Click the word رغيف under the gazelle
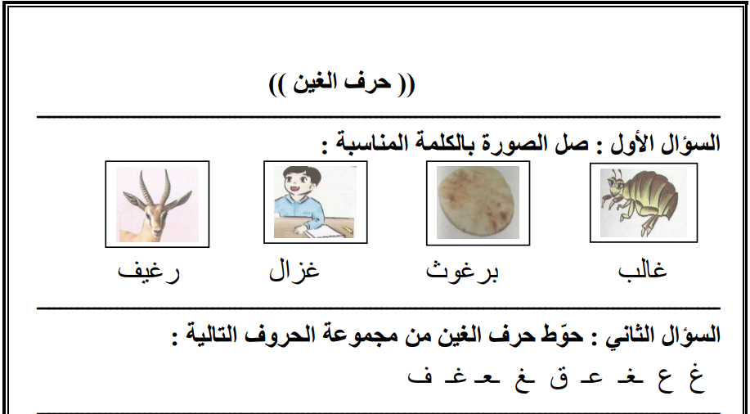[149, 272]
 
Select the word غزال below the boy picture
[294, 270]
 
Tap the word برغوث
[462, 271]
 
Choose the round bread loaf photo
[478, 202]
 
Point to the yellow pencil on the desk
[347, 229]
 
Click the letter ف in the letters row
[420, 376]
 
